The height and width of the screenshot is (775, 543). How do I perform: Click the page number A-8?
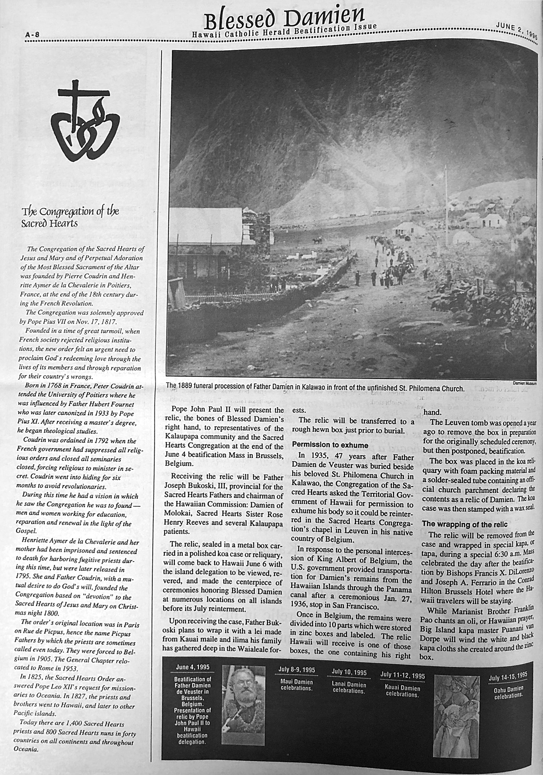click(32, 34)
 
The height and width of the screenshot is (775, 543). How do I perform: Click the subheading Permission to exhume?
click(330, 445)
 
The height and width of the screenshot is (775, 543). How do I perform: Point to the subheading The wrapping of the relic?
click(464, 524)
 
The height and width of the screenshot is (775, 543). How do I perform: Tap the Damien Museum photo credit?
click(525, 383)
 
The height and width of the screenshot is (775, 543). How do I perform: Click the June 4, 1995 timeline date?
click(192, 667)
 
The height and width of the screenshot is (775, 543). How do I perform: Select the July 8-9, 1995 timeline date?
click(297, 670)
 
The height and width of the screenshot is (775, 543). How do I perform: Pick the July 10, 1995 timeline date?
click(349, 672)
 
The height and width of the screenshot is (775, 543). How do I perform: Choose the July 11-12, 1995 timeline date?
click(402, 675)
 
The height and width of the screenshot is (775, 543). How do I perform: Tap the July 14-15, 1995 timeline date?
click(508, 675)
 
